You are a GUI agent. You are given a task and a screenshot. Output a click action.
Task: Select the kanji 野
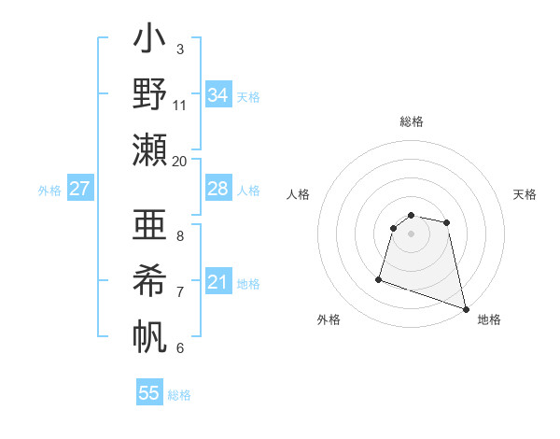pyautogui.click(x=149, y=94)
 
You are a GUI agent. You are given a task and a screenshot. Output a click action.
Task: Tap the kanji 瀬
pyautogui.click(x=149, y=149)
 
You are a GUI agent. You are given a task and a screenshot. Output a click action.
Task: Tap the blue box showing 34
pyautogui.click(x=217, y=94)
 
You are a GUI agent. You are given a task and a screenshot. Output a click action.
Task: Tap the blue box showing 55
pyautogui.click(x=149, y=393)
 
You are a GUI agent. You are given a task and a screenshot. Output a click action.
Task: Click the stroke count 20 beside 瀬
pyautogui.click(x=179, y=161)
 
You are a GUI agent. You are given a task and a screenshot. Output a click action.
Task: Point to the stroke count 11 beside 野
pyautogui.click(x=179, y=105)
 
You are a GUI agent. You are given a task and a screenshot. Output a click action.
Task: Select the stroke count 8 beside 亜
pyautogui.click(x=179, y=236)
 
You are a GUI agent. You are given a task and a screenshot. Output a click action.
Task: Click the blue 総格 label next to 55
pyautogui.click(x=179, y=395)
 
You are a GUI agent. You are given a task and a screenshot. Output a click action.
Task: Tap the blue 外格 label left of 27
pyautogui.click(x=49, y=191)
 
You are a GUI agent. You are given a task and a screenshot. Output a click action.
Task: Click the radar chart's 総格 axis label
pyautogui.click(x=411, y=121)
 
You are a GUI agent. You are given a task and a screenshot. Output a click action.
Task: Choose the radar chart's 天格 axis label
pyautogui.click(x=525, y=194)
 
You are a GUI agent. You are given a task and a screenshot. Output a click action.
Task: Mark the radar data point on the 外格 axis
pyautogui.click(x=379, y=278)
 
